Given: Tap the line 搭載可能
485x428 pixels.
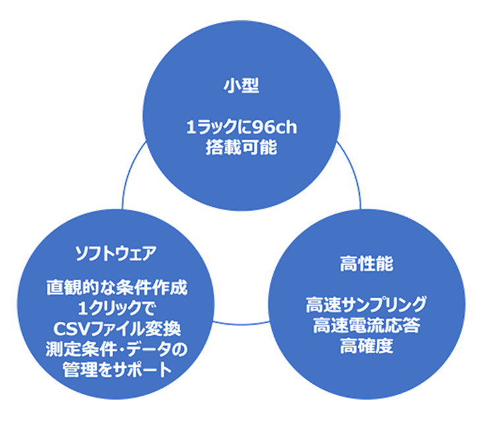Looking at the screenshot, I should (241, 147).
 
